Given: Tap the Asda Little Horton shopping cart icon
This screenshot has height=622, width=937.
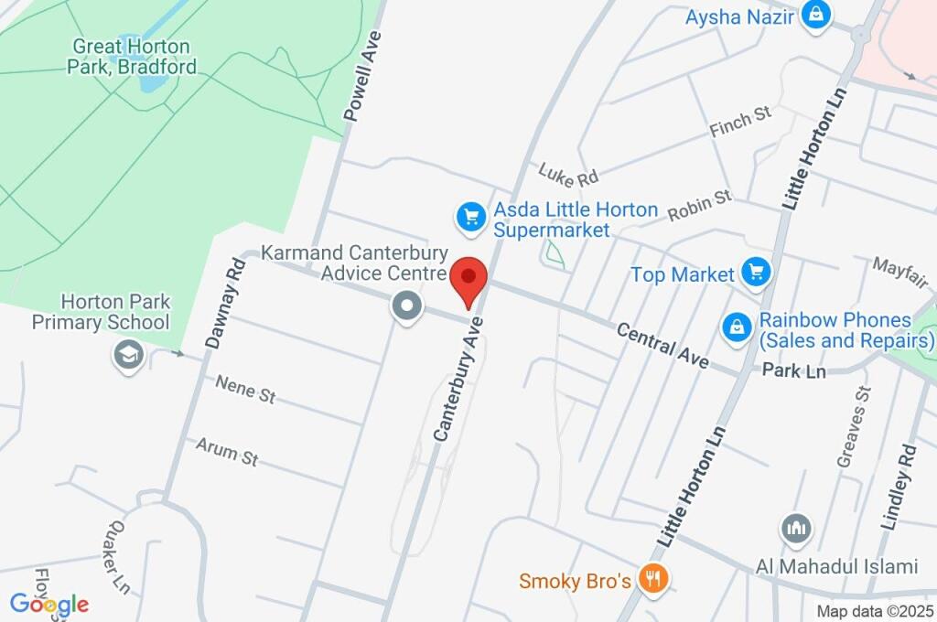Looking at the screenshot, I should [x=470, y=218].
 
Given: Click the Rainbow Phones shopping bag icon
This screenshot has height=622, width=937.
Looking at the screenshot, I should [x=736, y=327].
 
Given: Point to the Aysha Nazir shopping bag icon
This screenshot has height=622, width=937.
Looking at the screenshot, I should [x=814, y=15].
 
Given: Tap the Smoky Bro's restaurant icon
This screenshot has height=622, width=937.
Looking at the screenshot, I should [x=653, y=579].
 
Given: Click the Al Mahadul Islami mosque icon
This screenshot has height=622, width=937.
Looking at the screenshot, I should [x=795, y=529].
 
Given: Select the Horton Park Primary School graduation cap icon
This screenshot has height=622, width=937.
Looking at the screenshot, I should [x=128, y=355].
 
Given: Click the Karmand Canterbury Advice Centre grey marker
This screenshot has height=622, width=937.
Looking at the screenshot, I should [x=405, y=306].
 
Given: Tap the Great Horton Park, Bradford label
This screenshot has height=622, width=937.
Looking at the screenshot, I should [x=133, y=56].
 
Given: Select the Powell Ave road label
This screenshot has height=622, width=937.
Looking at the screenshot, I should [x=361, y=76].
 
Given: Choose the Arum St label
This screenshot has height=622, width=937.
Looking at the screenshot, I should [x=227, y=452].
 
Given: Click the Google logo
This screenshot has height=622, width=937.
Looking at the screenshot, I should [x=49, y=604].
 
